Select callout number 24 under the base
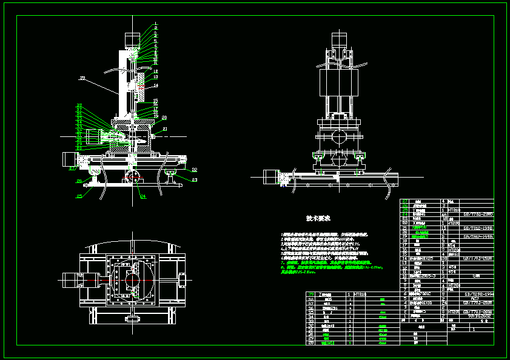click(x=143, y=196)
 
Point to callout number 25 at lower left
click(x=79, y=196)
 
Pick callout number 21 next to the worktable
click(x=164, y=129)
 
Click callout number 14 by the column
click(x=155, y=85)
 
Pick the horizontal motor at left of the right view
click(x=270, y=178)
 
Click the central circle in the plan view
click(x=132, y=281)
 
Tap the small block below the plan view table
click(x=132, y=317)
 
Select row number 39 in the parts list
click(x=312, y=294)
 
